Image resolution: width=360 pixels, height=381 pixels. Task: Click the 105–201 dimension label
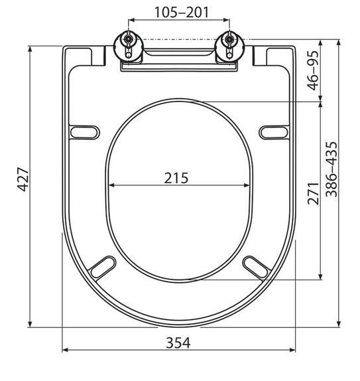(x=182, y=12)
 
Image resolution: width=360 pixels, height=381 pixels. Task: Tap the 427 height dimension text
(x=24, y=179)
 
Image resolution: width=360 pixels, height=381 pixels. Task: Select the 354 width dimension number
(x=178, y=343)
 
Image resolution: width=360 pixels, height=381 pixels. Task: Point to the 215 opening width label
(x=176, y=178)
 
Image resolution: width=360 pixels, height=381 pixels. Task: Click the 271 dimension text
(x=313, y=193)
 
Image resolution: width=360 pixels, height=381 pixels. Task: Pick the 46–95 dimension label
(x=313, y=70)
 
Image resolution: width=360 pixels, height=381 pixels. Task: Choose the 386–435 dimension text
(x=331, y=169)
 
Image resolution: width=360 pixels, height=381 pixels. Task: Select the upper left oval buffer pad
(x=85, y=133)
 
